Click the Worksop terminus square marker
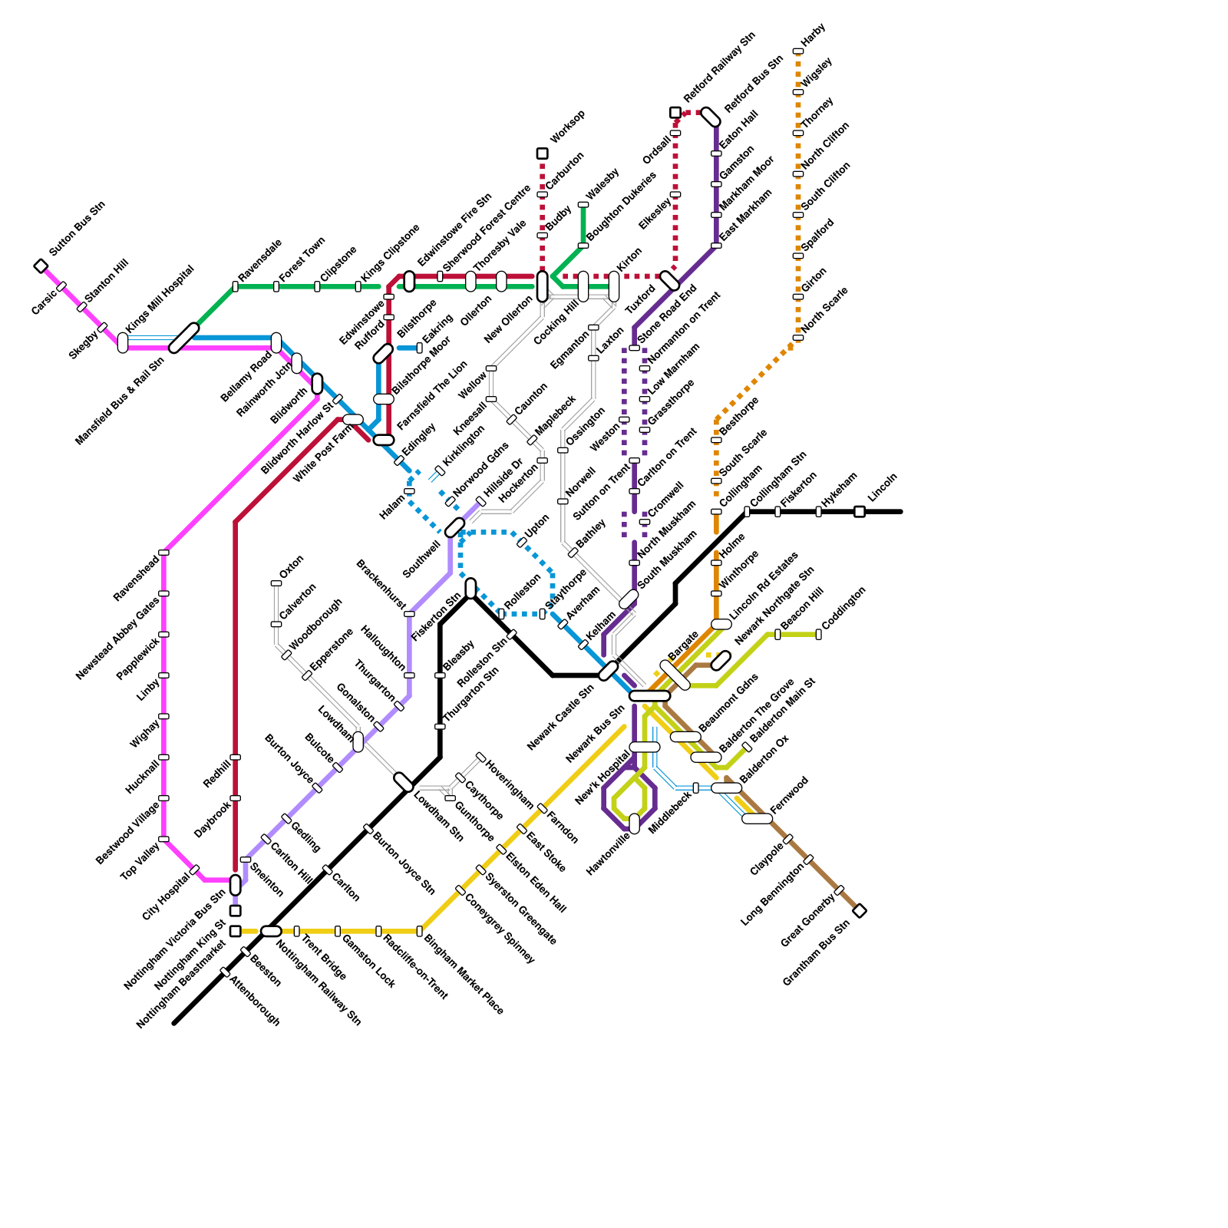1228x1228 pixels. click(542, 153)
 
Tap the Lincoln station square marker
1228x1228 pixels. click(860, 511)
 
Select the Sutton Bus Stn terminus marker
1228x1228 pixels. click(41, 266)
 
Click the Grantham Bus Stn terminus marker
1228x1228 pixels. click(860, 910)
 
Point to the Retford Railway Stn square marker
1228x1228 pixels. click(675, 113)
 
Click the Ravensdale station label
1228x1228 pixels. click(260, 260)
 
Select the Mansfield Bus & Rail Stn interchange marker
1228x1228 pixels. click(184, 338)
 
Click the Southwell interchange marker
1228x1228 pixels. click(454, 527)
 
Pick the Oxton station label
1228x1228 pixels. click(292, 566)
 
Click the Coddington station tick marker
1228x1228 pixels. click(818, 634)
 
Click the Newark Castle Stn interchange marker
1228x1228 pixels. click(608, 671)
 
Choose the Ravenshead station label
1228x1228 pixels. click(137, 577)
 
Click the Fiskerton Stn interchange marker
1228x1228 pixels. click(470, 588)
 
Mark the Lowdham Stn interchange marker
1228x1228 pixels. click(404, 782)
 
